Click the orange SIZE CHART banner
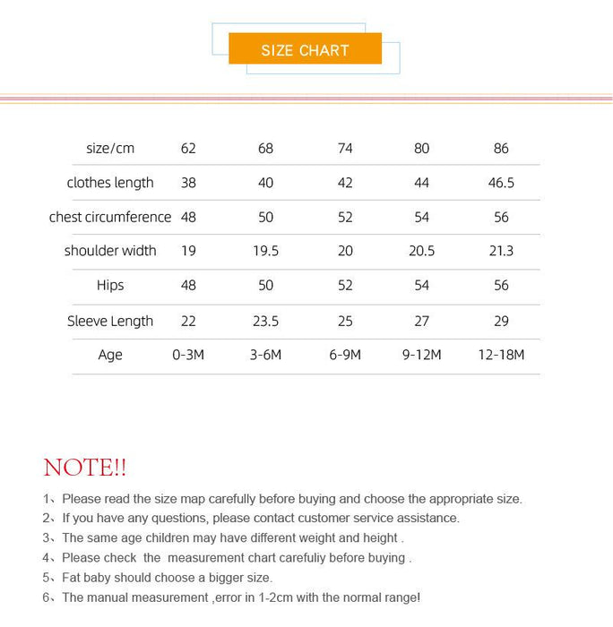coord(305,49)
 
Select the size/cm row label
coord(110,148)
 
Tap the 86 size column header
coord(501,148)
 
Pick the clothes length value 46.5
coord(501,183)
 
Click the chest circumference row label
coord(110,217)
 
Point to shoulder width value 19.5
coord(265,251)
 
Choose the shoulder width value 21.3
coord(501,251)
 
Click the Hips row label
coord(110,285)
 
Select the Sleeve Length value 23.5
coord(265,321)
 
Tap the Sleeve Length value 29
coord(501,321)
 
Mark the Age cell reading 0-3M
coord(188,355)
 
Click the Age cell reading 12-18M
coord(501,355)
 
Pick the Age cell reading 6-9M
coord(345,355)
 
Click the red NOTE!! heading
coord(85,468)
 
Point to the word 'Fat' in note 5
coord(73,578)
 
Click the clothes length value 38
coord(188,183)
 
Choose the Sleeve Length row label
coord(110,321)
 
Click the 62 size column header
coord(188,148)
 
